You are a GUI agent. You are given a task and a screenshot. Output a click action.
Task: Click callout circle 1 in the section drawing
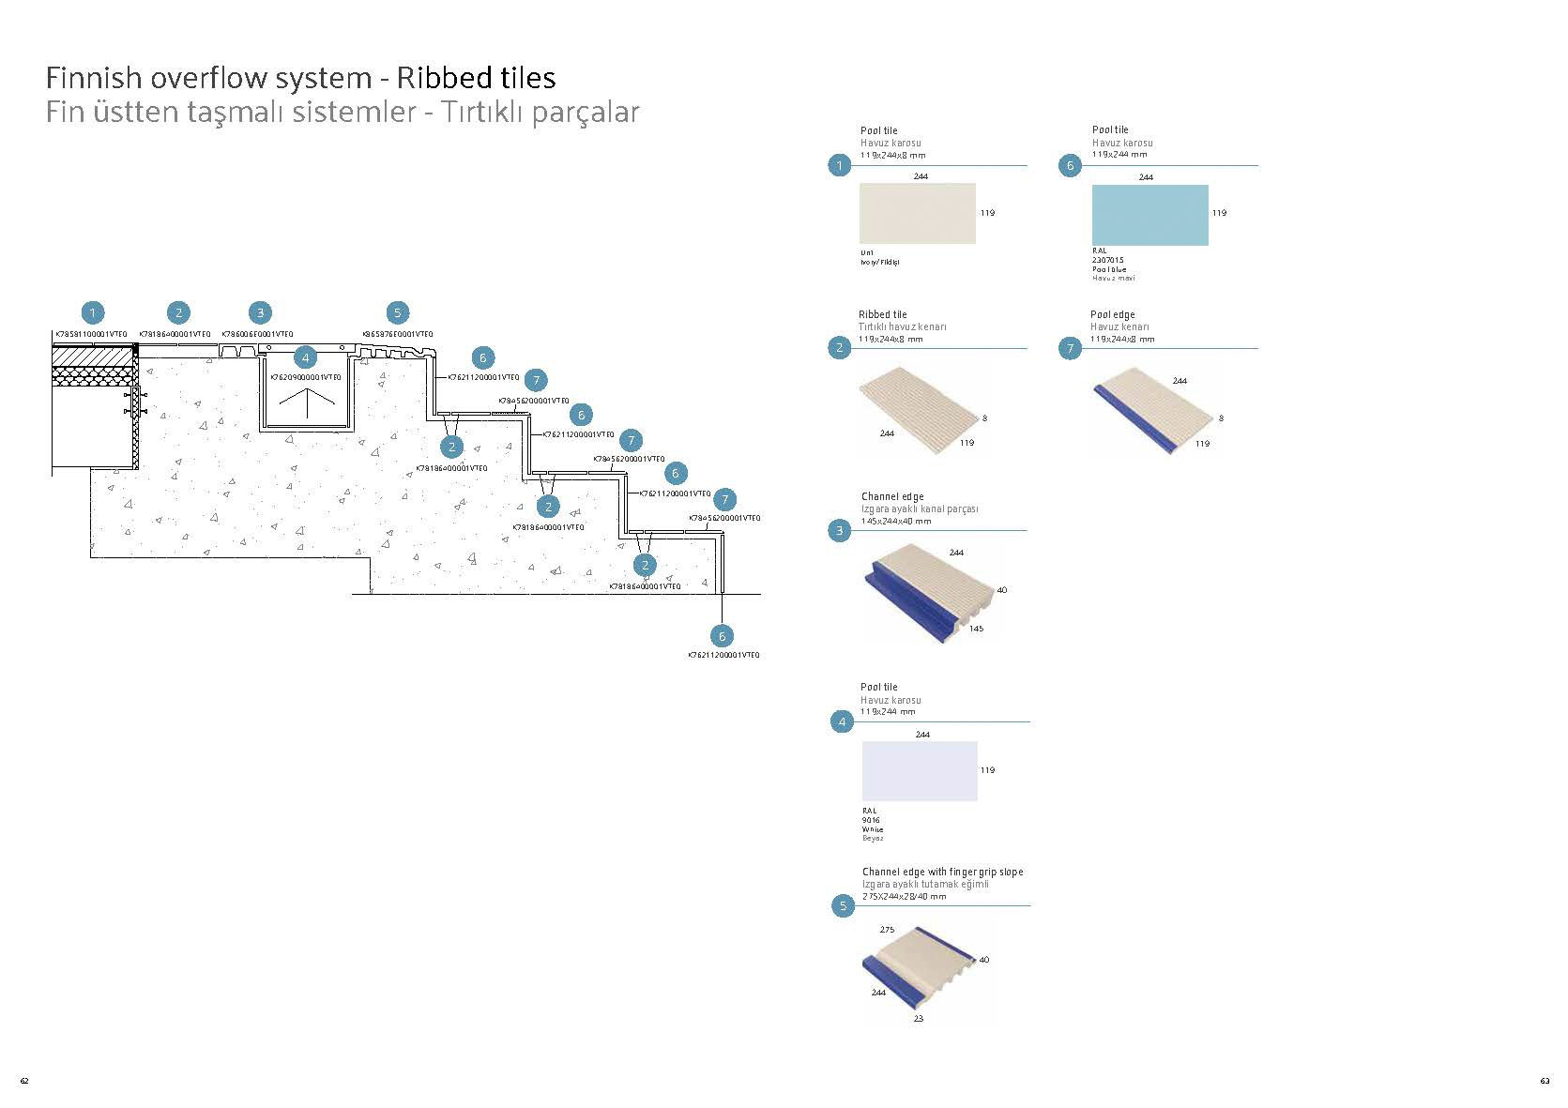[x=92, y=313]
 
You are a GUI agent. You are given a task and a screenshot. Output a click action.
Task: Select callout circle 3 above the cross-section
[x=260, y=313]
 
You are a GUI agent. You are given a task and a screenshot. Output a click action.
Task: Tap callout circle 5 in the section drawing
[x=397, y=313]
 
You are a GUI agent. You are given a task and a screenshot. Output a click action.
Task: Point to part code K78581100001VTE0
[x=91, y=334]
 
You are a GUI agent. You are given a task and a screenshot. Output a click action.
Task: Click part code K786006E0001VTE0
[x=257, y=334]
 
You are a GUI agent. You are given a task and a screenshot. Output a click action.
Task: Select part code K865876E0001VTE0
[x=397, y=334]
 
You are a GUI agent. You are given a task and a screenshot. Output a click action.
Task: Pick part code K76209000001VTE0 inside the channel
[x=306, y=377]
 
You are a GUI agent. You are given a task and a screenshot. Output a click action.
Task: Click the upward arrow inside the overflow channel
[x=307, y=403]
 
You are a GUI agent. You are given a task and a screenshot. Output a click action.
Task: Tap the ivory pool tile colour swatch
[x=917, y=214]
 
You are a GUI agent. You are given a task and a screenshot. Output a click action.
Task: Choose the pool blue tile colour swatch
[x=1149, y=215]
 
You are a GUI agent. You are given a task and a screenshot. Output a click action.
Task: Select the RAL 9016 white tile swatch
[x=920, y=771]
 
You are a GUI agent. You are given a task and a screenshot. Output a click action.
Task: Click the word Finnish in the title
[x=94, y=77]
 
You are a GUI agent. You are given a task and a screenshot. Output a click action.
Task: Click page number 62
[x=24, y=1081]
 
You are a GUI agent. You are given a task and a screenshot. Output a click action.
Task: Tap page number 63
[x=1544, y=1081]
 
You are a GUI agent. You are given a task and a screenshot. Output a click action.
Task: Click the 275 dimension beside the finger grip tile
[x=887, y=930]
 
